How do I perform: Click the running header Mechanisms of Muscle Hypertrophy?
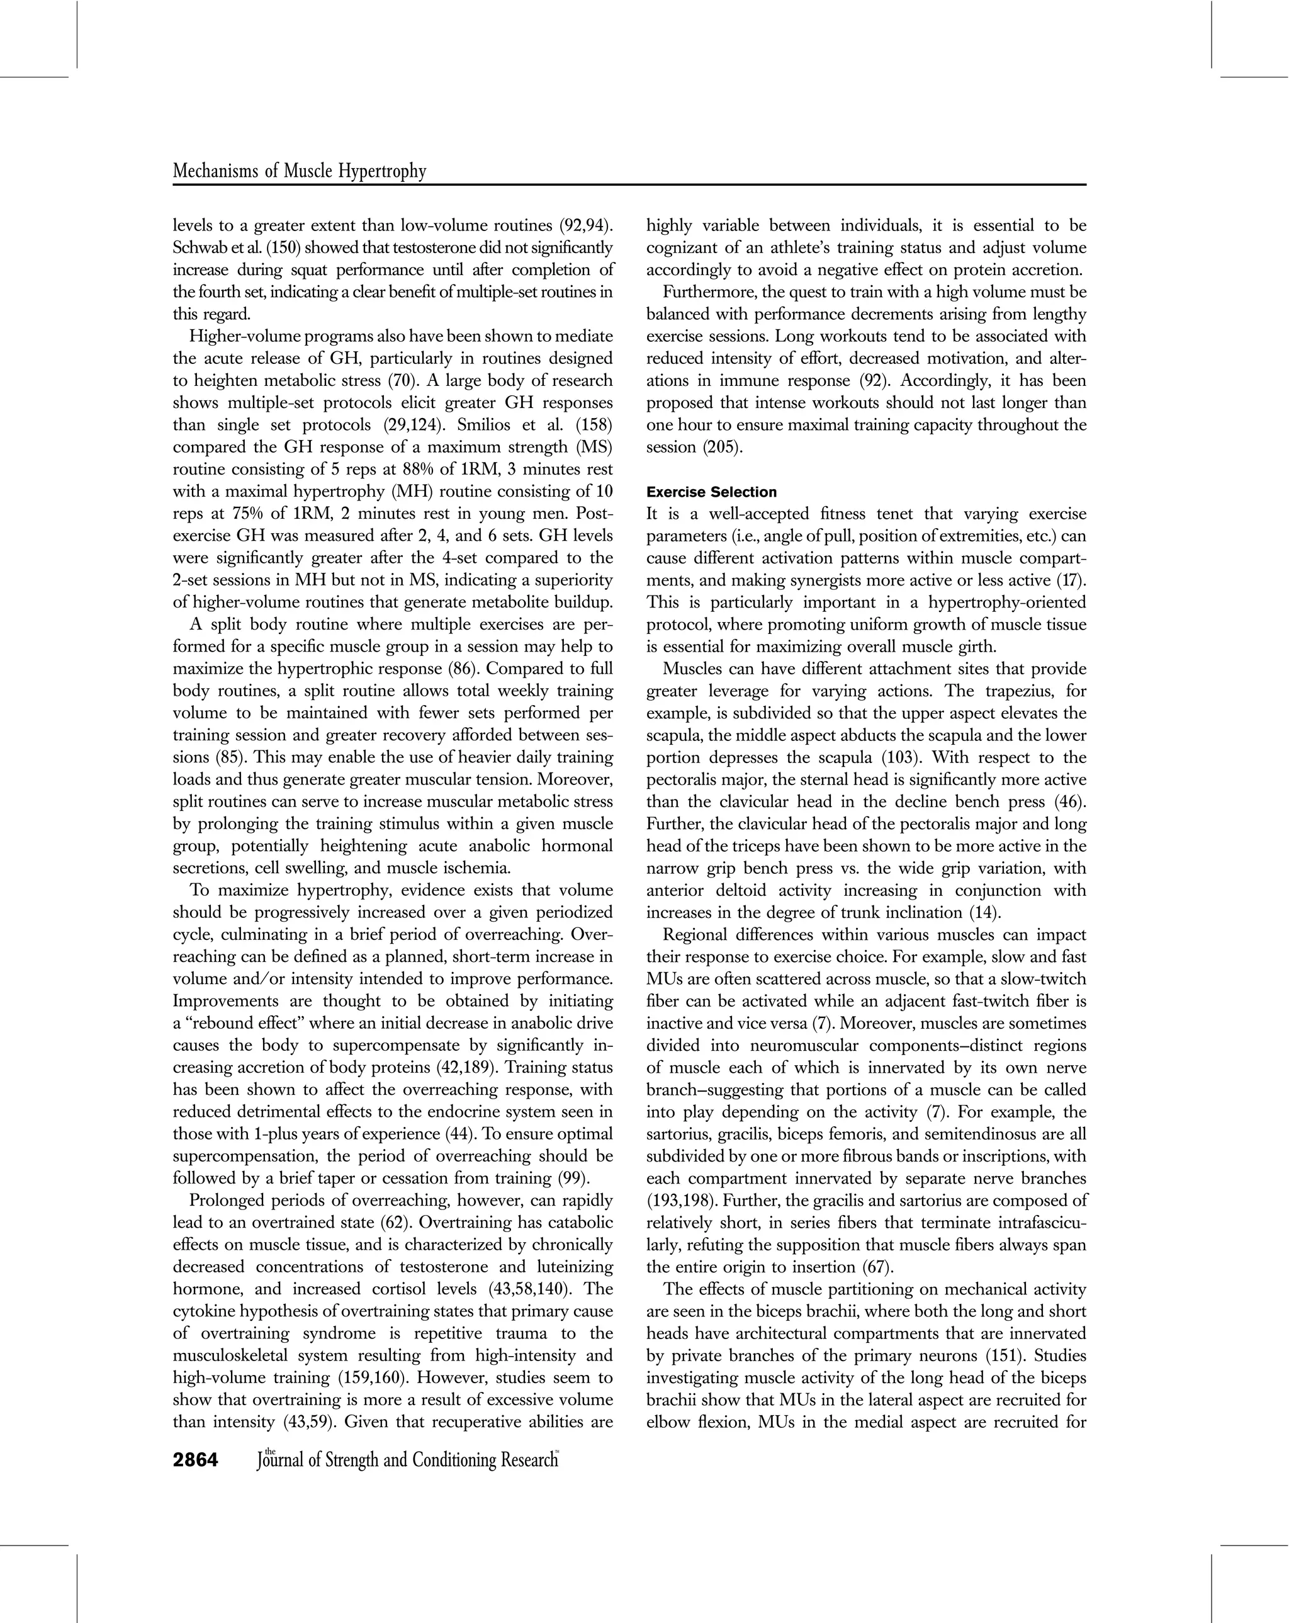click(299, 172)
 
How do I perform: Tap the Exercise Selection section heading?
click(711, 492)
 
